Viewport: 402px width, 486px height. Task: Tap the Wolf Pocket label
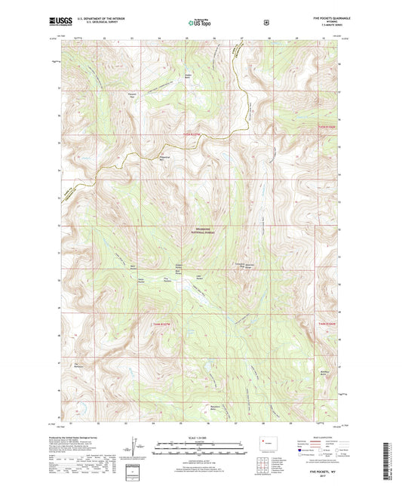[133, 266]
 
